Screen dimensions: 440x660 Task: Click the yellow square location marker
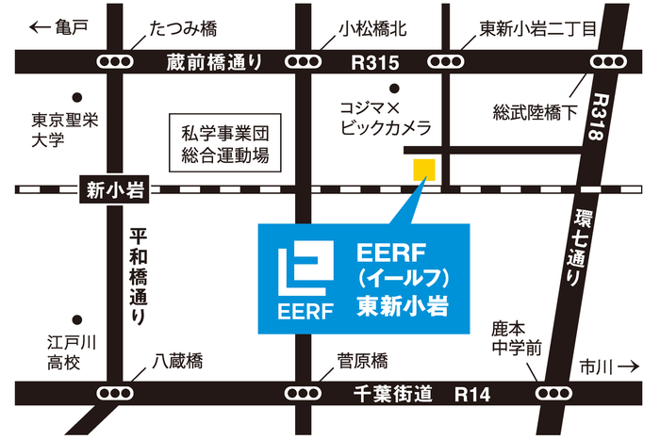pos(423,170)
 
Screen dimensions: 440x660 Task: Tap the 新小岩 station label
pos(112,190)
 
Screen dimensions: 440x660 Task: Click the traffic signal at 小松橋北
pos(303,62)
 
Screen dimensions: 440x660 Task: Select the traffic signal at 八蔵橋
pos(116,392)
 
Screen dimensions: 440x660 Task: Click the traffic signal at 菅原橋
pos(303,392)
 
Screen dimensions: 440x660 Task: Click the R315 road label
pos(375,62)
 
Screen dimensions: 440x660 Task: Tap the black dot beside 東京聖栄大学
pos(76,96)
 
